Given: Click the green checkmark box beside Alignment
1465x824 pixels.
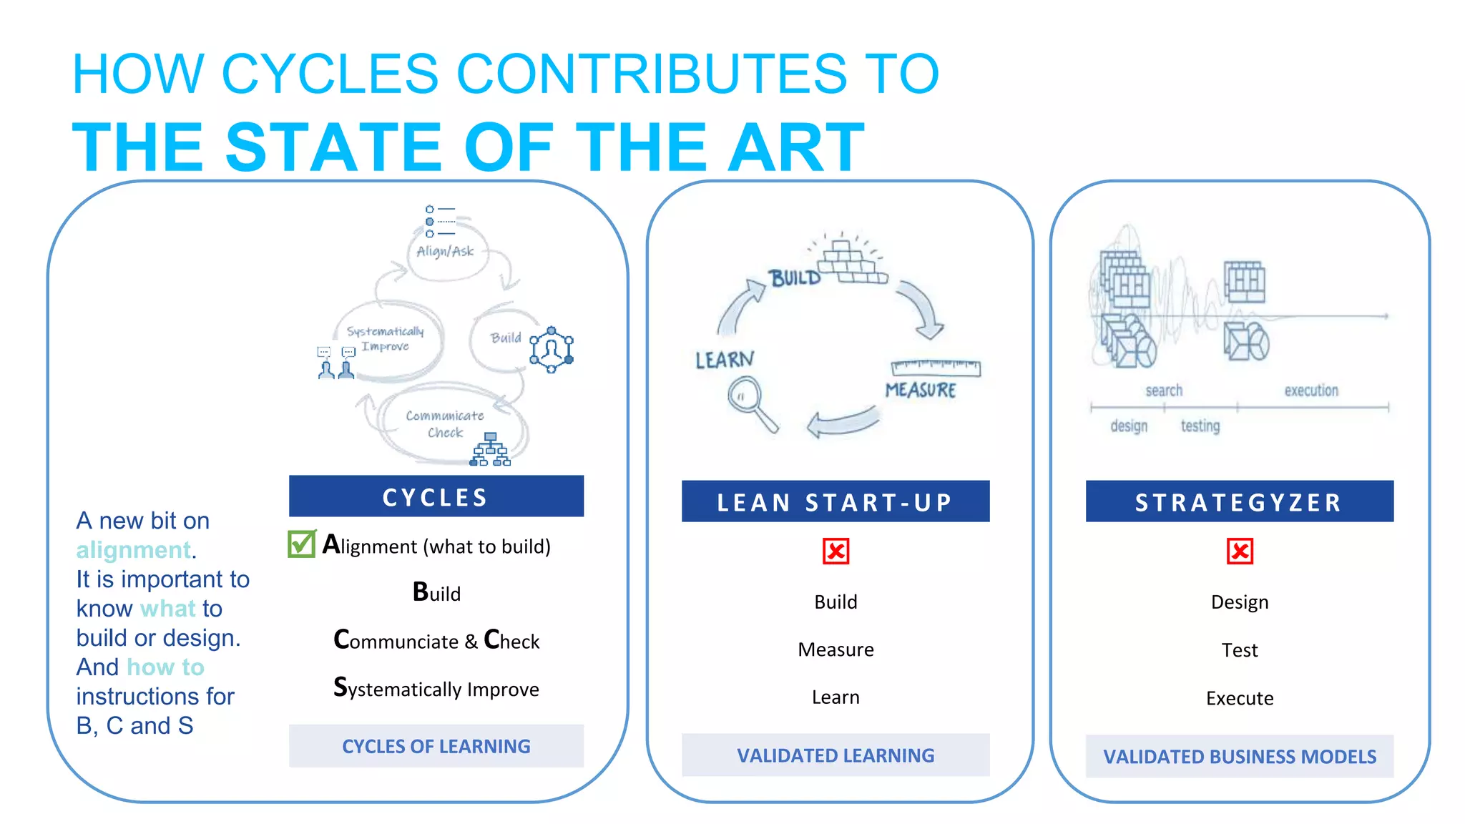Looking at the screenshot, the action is (301, 544).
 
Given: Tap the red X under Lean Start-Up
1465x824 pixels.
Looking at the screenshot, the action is (836, 551).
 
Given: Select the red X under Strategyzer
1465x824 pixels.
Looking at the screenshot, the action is (1240, 551).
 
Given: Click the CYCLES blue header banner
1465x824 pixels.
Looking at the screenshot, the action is (436, 496).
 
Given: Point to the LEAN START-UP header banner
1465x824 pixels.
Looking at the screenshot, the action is (835, 501).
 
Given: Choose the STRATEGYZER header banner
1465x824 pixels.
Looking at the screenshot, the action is (1239, 501).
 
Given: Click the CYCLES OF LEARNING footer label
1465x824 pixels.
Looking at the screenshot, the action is (436, 746).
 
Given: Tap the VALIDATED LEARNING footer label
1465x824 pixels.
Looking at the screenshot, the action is (835, 755).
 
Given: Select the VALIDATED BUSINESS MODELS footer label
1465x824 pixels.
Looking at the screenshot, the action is (1239, 756).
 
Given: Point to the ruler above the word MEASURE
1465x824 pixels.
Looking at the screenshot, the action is (936, 368).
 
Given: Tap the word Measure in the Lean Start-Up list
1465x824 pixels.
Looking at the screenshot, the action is (836, 649).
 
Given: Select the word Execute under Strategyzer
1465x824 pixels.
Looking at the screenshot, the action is (1240, 698).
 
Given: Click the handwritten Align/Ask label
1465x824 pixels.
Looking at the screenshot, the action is (445, 251).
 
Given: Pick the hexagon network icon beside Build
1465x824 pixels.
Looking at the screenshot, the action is (552, 349).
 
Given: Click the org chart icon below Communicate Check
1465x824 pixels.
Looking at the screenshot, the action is (490, 450).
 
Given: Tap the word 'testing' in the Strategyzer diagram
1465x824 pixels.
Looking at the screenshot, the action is (1200, 426).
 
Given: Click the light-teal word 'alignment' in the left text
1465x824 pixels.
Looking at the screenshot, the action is (134, 550).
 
